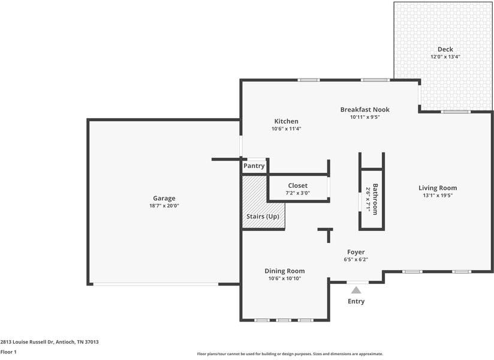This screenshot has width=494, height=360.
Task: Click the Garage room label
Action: coord(164,198)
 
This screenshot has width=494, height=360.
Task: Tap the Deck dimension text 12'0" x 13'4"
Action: coord(445,57)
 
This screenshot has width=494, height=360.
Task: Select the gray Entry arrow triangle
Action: coord(356,290)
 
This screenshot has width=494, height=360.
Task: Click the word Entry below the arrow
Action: coord(356,301)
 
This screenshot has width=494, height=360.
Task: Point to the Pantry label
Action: coord(254,166)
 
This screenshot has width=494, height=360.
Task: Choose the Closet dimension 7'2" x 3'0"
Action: coord(298,193)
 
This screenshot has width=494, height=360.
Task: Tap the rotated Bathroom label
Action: coord(375,199)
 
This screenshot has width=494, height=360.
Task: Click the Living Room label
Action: coord(438,188)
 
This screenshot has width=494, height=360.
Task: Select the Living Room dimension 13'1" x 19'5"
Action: coord(438,196)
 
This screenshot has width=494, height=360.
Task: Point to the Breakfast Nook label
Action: coord(365,110)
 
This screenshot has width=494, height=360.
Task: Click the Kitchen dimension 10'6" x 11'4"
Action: coord(287,128)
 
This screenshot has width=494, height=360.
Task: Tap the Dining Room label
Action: coord(285,271)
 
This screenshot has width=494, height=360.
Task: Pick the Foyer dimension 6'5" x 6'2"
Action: coord(356,260)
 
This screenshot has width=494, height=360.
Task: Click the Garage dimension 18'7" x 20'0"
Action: coord(164,206)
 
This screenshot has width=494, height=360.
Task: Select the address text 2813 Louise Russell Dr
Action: coord(27,342)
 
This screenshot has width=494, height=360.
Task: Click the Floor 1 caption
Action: coord(8,352)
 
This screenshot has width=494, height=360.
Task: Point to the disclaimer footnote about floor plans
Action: coord(290,354)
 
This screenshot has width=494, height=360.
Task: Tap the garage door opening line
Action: coord(156,284)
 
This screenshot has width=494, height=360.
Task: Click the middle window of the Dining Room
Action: coord(284,320)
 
